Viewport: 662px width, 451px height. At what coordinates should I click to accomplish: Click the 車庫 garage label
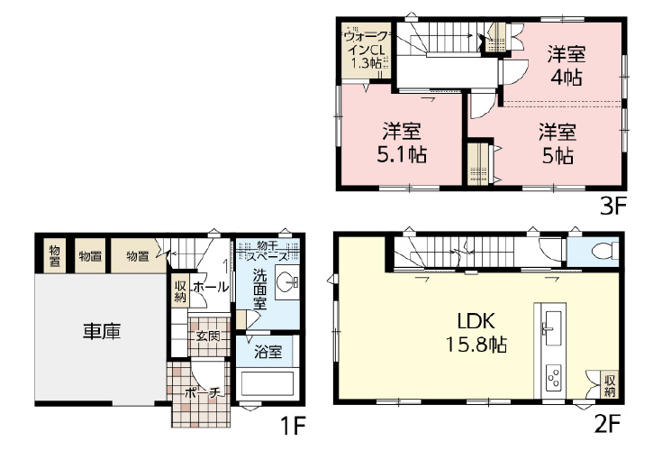(102, 331)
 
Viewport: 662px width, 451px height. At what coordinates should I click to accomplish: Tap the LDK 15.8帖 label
(476, 333)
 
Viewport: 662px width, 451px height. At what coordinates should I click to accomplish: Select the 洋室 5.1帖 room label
(402, 143)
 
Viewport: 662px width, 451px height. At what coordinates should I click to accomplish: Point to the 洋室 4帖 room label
(567, 66)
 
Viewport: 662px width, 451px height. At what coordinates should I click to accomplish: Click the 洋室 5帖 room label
(558, 143)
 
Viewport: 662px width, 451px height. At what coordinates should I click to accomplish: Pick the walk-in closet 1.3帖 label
(365, 50)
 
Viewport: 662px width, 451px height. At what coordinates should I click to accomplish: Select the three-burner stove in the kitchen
(554, 377)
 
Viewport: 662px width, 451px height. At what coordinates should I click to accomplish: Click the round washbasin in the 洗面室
(287, 281)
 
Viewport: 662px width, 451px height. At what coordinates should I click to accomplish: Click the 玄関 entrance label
(208, 336)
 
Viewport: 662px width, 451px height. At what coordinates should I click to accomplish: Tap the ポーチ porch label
(203, 393)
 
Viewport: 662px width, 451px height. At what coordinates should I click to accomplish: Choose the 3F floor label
(612, 207)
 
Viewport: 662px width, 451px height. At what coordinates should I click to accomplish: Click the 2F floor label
(607, 425)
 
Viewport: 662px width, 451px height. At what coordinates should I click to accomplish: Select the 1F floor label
(293, 426)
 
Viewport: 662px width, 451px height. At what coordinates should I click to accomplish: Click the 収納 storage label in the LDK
(609, 385)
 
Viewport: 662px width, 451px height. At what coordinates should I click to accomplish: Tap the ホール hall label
(211, 288)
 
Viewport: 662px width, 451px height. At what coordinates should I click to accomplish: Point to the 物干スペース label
(268, 251)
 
